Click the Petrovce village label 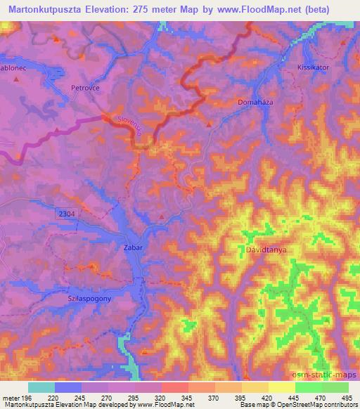point(86,89)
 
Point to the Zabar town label point(132,247)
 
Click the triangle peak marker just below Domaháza point(209,124)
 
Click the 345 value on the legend point(188,397)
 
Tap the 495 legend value point(347,397)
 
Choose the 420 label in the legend point(267,397)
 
